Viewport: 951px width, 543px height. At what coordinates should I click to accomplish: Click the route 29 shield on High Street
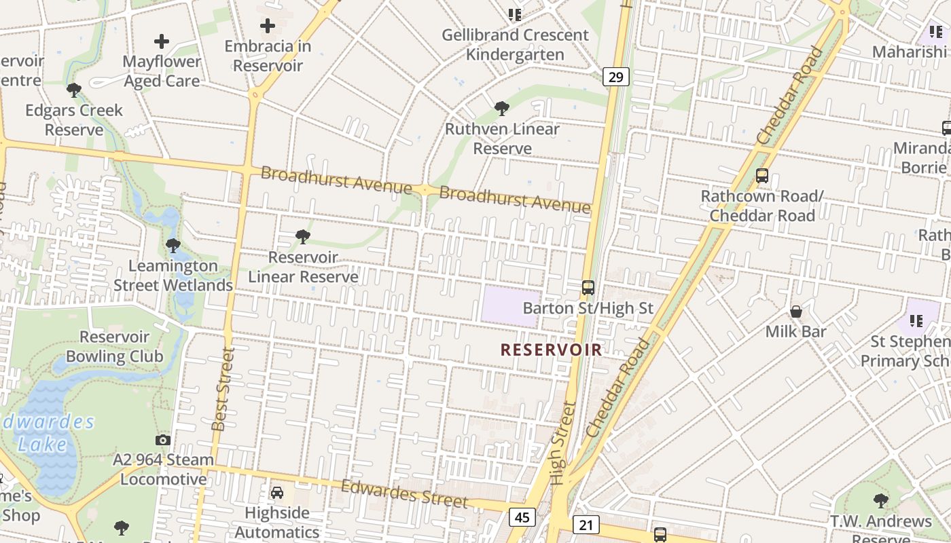[x=616, y=77]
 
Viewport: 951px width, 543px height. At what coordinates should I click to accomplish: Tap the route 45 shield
[x=522, y=518]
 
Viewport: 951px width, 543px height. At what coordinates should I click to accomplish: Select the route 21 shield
[x=586, y=524]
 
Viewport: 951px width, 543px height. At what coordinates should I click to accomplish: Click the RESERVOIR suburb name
[x=551, y=350]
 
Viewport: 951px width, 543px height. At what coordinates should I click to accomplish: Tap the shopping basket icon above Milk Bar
[x=795, y=312]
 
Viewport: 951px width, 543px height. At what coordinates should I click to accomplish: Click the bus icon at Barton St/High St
[x=588, y=288]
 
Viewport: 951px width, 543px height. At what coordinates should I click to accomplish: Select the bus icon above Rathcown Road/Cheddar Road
[x=762, y=176]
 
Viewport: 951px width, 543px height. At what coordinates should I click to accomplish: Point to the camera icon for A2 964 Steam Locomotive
[x=162, y=440]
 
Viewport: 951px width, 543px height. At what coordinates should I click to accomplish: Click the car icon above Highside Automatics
[x=277, y=492]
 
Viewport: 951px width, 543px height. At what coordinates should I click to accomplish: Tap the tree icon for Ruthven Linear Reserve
[x=502, y=108]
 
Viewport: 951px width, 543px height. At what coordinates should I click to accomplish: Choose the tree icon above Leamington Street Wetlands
[x=173, y=245]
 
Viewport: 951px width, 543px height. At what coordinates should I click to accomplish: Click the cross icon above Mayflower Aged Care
[x=162, y=41]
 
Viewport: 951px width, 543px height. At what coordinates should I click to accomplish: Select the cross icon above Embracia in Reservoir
[x=268, y=26]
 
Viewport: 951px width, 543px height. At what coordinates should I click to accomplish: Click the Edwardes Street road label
[x=404, y=493]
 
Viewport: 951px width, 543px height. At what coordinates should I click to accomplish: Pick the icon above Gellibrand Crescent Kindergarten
[x=514, y=14]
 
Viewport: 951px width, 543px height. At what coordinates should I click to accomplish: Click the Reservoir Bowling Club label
[x=114, y=346]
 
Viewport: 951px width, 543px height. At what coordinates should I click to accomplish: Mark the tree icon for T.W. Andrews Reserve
[x=880, y=501]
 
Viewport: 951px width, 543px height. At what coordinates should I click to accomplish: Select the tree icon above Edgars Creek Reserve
[x=74, y=90]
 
